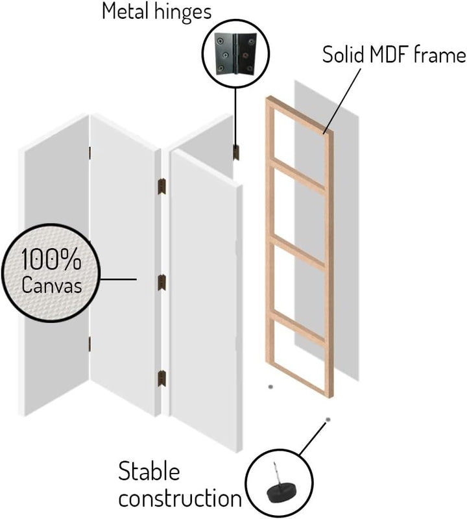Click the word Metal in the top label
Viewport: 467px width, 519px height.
coord(125,11)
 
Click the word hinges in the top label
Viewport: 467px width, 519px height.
coord(183,12)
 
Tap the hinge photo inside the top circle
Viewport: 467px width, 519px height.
coord(235,54)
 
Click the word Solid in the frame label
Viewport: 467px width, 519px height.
coord(343,55)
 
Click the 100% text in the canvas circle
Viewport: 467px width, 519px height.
coord(51,259)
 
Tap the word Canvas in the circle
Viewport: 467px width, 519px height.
coord(52,285)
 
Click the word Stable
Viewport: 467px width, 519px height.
coord(149,471)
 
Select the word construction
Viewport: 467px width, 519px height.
coord(180,498)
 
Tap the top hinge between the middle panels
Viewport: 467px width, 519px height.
coord(162,186)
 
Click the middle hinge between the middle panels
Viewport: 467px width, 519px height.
coord(162,283)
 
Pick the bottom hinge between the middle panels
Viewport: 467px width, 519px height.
coord(162,378)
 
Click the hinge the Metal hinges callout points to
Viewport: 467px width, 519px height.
coord(236,152)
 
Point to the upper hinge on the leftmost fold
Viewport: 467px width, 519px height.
coord(90,153)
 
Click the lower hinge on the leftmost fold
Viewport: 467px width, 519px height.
coord(90,344)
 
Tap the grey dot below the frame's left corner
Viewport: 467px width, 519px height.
coord(270,386)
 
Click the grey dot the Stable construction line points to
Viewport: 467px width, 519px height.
coord(328,420)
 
